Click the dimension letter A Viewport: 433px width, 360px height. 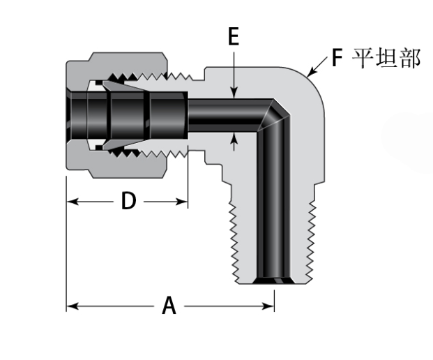169,306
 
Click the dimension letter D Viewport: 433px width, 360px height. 128,202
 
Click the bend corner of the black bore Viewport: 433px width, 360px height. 276,112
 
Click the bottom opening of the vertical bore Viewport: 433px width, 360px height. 272,280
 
